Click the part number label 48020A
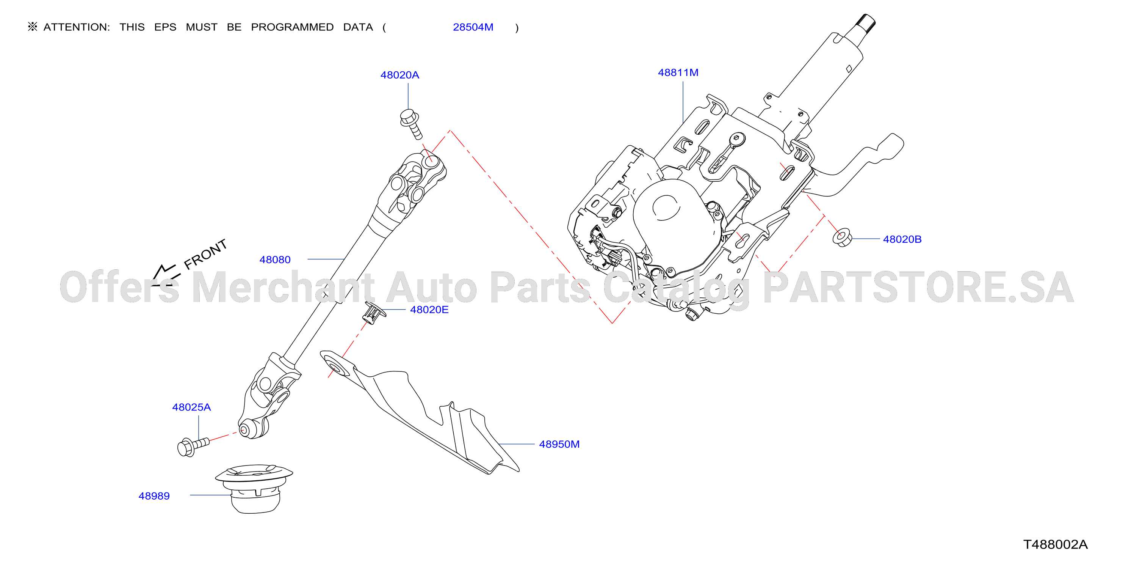click(399, 75)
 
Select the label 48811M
click(678, 72)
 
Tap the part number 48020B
click(902, 239)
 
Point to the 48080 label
click(275, 260)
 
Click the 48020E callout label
click(429, 310)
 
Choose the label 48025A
click(191, 407)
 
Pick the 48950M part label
click(559, 444)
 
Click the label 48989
click(154, 496)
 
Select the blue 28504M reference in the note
click(473, 27)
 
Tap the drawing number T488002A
click(1055, 544)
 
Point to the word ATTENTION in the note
click(77, 27)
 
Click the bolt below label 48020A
click(411, 124)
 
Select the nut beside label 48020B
click(842, 237)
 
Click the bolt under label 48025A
click(193, 447)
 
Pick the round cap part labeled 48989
click(254, 488)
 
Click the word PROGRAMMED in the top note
click(292, 27)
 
